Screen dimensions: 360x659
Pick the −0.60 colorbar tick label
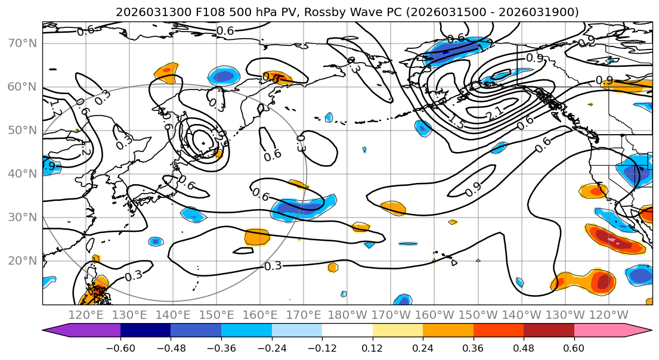click(x=120, y=347)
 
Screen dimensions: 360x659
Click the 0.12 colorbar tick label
click(x=373, y=347)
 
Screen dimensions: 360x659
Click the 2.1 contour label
click(x=494, y=111)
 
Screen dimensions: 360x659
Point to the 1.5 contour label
click(x=456, y=123)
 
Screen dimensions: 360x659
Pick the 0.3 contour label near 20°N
click(x=273, y=266)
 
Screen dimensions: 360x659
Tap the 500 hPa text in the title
click(x=233, y=12)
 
